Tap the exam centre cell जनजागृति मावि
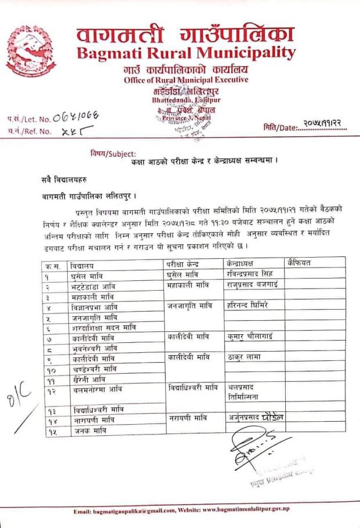click(x=188, y=305)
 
